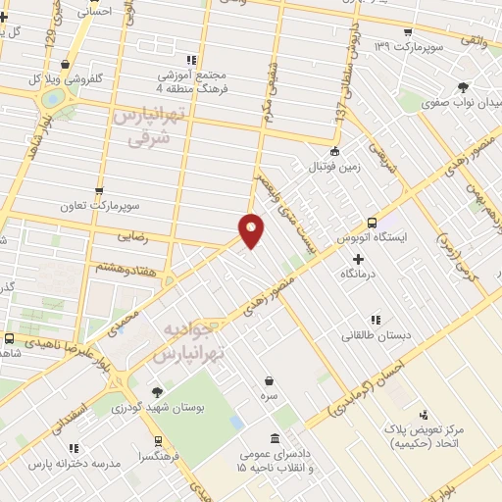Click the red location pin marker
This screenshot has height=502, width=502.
(252, 229)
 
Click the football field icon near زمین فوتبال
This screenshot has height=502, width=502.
(336, 151)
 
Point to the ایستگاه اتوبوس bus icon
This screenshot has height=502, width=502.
(372, 223)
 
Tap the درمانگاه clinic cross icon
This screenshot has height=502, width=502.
(358, 260)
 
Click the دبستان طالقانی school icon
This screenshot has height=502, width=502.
(375, 319)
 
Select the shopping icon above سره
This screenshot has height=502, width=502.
(269, 380)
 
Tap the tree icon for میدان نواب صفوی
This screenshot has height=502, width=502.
(463, 86)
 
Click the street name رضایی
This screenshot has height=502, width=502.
(136, 236)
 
